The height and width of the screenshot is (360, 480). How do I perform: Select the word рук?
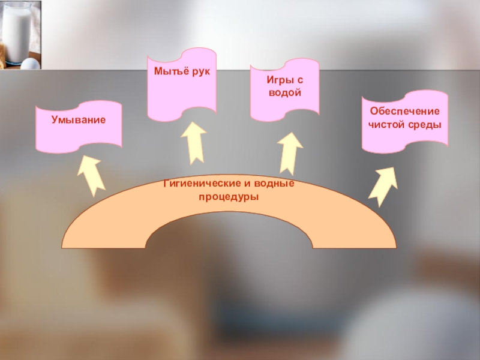pos(199,72)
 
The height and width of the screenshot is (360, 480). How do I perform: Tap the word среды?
pos(426,125)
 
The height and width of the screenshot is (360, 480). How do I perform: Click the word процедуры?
pos(230,197)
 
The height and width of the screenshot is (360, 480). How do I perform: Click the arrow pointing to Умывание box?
pos(91,175)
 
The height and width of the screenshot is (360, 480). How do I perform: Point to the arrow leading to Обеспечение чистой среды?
pos(382,186)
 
